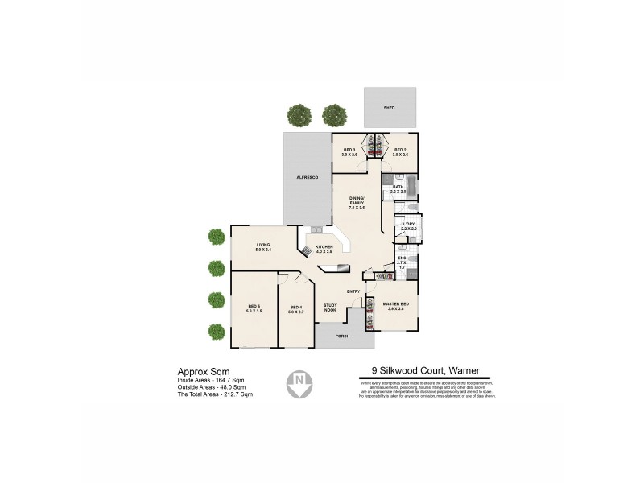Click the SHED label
(389, 106)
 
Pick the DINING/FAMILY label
(357, 202)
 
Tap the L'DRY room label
(408, 226)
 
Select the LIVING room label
(262, 247)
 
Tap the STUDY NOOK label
(330, 307)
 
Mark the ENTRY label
(353, 291)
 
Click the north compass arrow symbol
(299, 383)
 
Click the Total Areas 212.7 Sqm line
(215, 394)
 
